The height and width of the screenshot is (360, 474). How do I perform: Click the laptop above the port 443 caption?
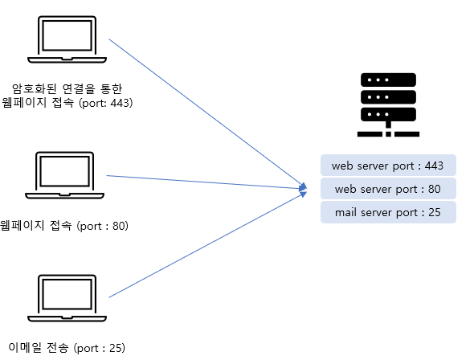67,39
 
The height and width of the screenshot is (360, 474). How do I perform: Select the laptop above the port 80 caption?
64,175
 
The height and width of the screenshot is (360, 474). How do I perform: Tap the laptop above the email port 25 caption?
67,298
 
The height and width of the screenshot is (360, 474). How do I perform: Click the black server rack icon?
388,104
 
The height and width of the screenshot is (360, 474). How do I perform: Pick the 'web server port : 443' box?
388,165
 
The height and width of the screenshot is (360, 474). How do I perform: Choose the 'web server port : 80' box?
388,189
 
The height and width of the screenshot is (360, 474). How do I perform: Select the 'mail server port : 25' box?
388,212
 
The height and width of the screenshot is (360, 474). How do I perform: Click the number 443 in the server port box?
434,166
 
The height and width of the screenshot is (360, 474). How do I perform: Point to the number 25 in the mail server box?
435,212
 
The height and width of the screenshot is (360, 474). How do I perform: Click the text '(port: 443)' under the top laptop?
106,103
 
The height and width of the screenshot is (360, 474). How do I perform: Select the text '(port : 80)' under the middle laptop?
103,226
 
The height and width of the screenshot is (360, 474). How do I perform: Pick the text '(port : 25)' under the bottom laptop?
100,348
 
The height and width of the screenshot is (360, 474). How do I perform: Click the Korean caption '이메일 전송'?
38,348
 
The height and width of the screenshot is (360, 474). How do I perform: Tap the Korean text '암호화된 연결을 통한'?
67,88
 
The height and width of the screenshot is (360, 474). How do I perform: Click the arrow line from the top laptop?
208,113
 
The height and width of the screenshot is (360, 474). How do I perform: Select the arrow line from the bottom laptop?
208,244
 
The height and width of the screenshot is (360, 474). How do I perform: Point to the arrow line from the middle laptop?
206,182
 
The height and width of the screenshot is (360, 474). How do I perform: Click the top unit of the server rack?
388,80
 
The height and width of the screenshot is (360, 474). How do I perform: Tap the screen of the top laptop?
67,35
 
